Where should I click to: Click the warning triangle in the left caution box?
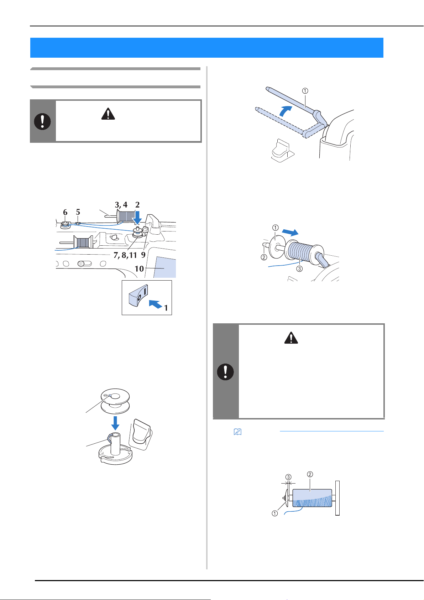click(x=108, y=114)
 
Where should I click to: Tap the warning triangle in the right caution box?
click(x=291, y=338)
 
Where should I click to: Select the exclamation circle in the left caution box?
click(x=42, y=121)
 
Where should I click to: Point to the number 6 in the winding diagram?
click(x=65, y=212)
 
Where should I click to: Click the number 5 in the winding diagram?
click(x=78, y=212)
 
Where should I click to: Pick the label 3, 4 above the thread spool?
click(x=121, y=205)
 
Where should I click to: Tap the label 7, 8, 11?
click(x=125, y=255)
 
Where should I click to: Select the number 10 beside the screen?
click(x=139, y=268)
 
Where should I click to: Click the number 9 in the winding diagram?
click(x=143, y=255)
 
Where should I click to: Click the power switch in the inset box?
click(x=138, y=295)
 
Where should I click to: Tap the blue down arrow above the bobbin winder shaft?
click(x=137, y=218)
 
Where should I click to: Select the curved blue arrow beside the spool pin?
click(x=285, y=110)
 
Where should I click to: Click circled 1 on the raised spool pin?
click(x=305, y=91)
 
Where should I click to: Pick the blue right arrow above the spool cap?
click(x=290, y=232)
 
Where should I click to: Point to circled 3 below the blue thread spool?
click(x=299, y=268)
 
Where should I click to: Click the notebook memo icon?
click(x=237, y=432)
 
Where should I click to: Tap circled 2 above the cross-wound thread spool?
click(x=310, y=474)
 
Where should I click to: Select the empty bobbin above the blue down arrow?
click(x=115, y=401)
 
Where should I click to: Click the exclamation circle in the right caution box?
click(x=225, y=372)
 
